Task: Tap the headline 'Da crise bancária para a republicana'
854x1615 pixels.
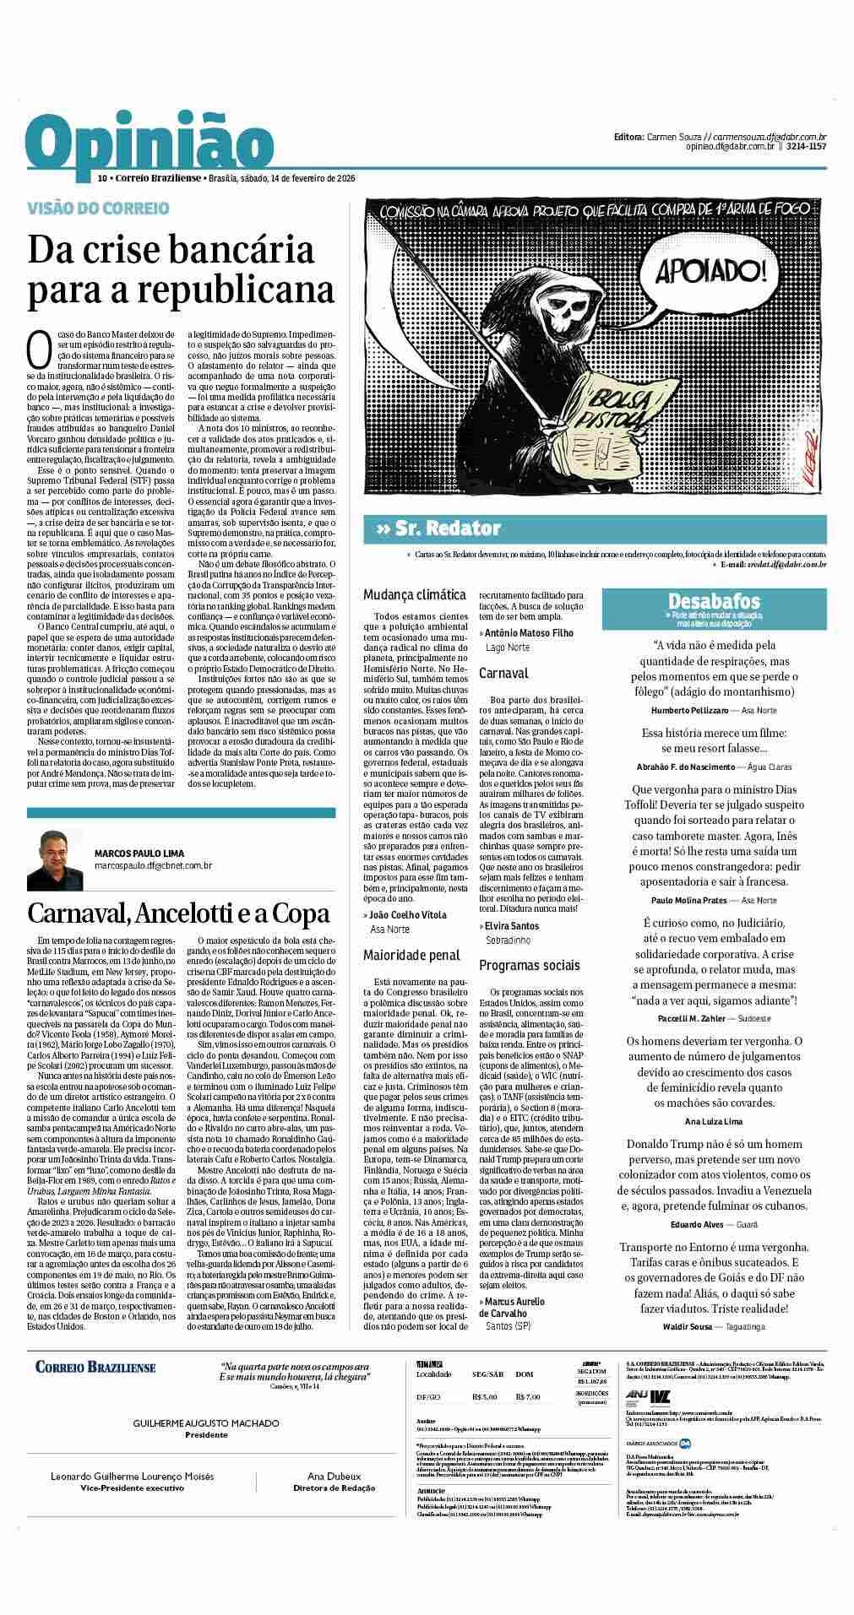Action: pyautogui.click(x=181, y=269)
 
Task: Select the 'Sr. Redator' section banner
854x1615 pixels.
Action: pyautogui.click(x=439, y=528)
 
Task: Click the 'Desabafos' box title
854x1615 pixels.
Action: pyautogui.click(x=714, y=601)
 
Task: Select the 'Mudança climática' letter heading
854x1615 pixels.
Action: pyautogui.click(x=414, y=594)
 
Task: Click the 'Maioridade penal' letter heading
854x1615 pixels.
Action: pyautogui.click(x=411, y=955)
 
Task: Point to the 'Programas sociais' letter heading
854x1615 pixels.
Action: pyautogui.click(x=530, y=965)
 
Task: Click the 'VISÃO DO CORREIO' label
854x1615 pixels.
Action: pyautogui.click(x=86, y=208)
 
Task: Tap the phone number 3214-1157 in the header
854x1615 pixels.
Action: pyautogui.click(x=806, y=146)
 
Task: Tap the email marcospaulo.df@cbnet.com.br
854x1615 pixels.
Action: pyautogui.click(x=152, y=865)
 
